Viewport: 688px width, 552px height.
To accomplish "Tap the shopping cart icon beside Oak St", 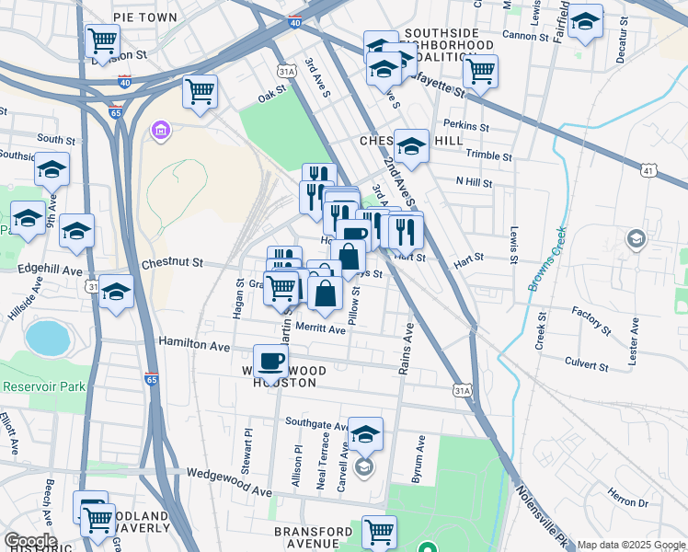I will tap(200, 91).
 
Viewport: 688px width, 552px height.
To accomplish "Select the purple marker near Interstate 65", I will tap(161, 131).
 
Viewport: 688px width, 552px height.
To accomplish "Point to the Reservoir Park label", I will tap(44, 385).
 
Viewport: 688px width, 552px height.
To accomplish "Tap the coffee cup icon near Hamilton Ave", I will tap(269, 360).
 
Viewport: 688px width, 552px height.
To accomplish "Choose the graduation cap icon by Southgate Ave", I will tap(365, 432).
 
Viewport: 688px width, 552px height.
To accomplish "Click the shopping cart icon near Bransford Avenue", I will tap(379, 531).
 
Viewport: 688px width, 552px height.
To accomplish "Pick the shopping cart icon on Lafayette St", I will tap(479, 71).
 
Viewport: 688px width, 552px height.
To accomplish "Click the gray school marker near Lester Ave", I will tap(635, 240).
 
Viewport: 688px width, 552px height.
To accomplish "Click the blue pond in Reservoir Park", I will tap(48, 338).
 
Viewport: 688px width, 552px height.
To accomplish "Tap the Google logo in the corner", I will tap(29, 541).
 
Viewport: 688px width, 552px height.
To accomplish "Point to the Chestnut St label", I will tap(172, 263).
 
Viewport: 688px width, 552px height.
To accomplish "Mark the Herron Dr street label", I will tap(628, 501).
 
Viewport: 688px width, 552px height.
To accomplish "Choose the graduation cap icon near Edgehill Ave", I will tap(116, 293).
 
